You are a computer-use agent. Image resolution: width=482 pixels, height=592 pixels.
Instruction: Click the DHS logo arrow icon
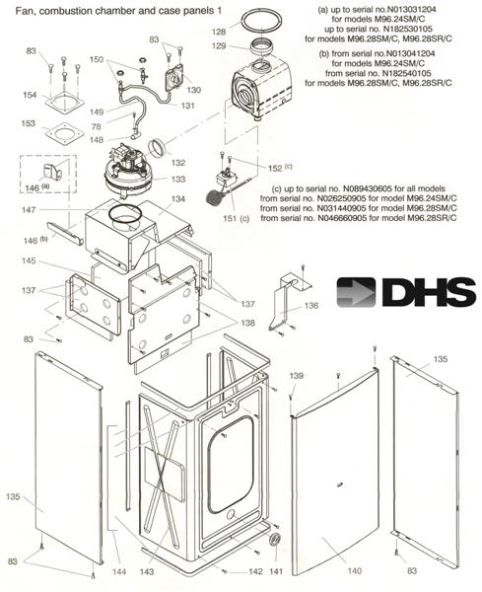pyautogui.click(x=356, y=292)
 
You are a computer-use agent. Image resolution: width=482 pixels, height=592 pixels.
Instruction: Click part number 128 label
pyautogui.click(x=219, y=33)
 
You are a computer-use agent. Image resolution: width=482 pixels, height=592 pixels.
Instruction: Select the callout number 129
pyautogui.click(x=219, y=46)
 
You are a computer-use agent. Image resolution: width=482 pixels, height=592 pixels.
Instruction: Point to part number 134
pyautogui.click(x=178, y=199)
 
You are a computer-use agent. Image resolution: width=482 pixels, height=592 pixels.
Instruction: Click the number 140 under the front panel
pyautogui.click(x=355, y=571)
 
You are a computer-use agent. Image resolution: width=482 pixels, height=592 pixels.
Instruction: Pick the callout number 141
pyautogui.click(x=276, y=571)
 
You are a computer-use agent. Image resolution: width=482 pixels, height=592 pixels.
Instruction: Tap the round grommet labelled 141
pyautogui.click(x=275, y=539)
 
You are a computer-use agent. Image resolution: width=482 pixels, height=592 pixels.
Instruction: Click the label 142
pyautogui.click(x=255, y=571)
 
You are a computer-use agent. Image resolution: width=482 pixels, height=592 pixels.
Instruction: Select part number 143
pyautogui.click(x=147, y=572)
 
